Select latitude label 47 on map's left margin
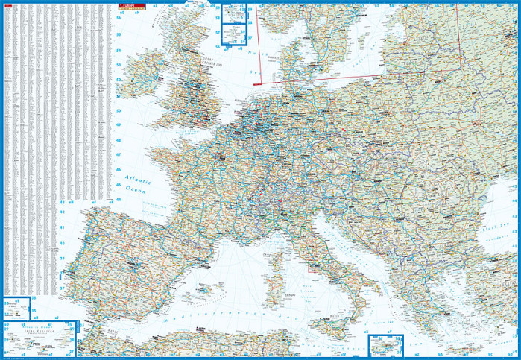(x=118, y=154)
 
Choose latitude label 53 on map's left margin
(x=118, y=66)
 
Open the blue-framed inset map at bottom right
(x=385, y=344)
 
